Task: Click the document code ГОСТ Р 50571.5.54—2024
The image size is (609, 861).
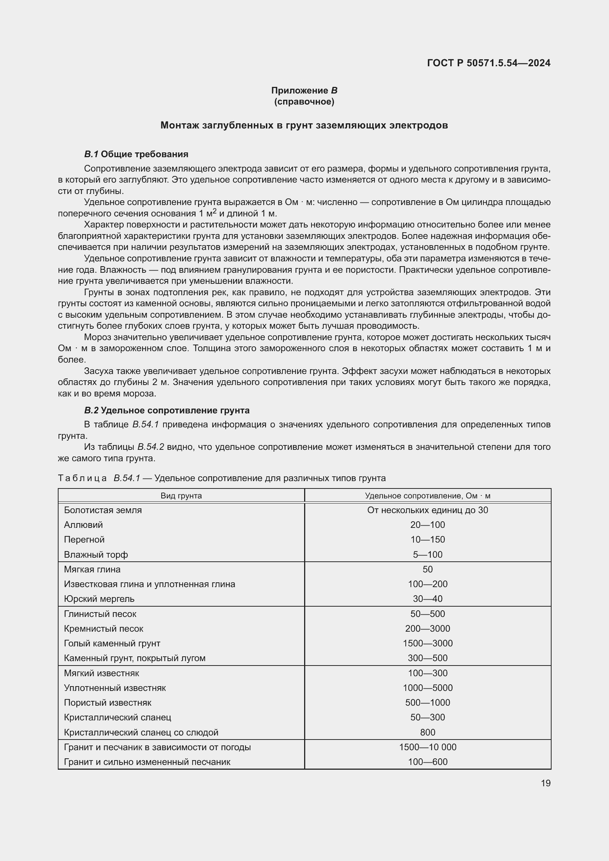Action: pyautogui.click(x=488, y=63)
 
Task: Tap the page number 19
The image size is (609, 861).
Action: pyautogui.click(x=546, y=783)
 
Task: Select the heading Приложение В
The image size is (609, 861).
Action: pyautogui.click(x=304, y=91)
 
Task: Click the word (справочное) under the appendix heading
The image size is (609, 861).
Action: pyautogui.click(x=304, y=102)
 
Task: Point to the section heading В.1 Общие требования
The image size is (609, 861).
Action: pyautogui.click(x=136, y=154)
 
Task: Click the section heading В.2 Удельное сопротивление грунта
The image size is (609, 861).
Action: pyautogui.click(x=167, y=410)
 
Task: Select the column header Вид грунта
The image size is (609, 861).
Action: pyautogui.click(x=181, y=496)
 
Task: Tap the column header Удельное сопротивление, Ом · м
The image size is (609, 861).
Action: pyautogui.click(x=427, y=496)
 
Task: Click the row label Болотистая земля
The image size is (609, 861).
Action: pyautogui.click(x=103, y=510)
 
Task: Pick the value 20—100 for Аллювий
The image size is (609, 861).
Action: pyautogui.click(x=427, y=525)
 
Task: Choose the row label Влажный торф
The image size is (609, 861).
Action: pyautogui.click(x=96, y=554)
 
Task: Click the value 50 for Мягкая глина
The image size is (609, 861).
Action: pyautogui.click(x=427, y=569)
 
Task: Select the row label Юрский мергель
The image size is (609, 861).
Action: pyautogui.click(x=99, y=599)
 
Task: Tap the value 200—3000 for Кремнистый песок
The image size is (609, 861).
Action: pyautogui.click(x=427, y=628)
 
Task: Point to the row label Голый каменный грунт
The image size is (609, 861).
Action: pyautogui.click(x=112, y=643)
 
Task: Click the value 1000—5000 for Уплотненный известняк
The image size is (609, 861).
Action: pyautogui.click(x=427, y=688)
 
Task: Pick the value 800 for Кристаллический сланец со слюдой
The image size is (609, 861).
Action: pyautogui.click(x=427, y=733)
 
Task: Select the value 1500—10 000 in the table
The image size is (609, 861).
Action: pyautogui.click(x=427, y=747)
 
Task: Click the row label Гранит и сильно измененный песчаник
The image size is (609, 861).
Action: pyautogui.click(x=147, y=762)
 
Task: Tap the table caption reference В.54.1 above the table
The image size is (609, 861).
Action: pyautogui.click(x=127, y=478)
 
